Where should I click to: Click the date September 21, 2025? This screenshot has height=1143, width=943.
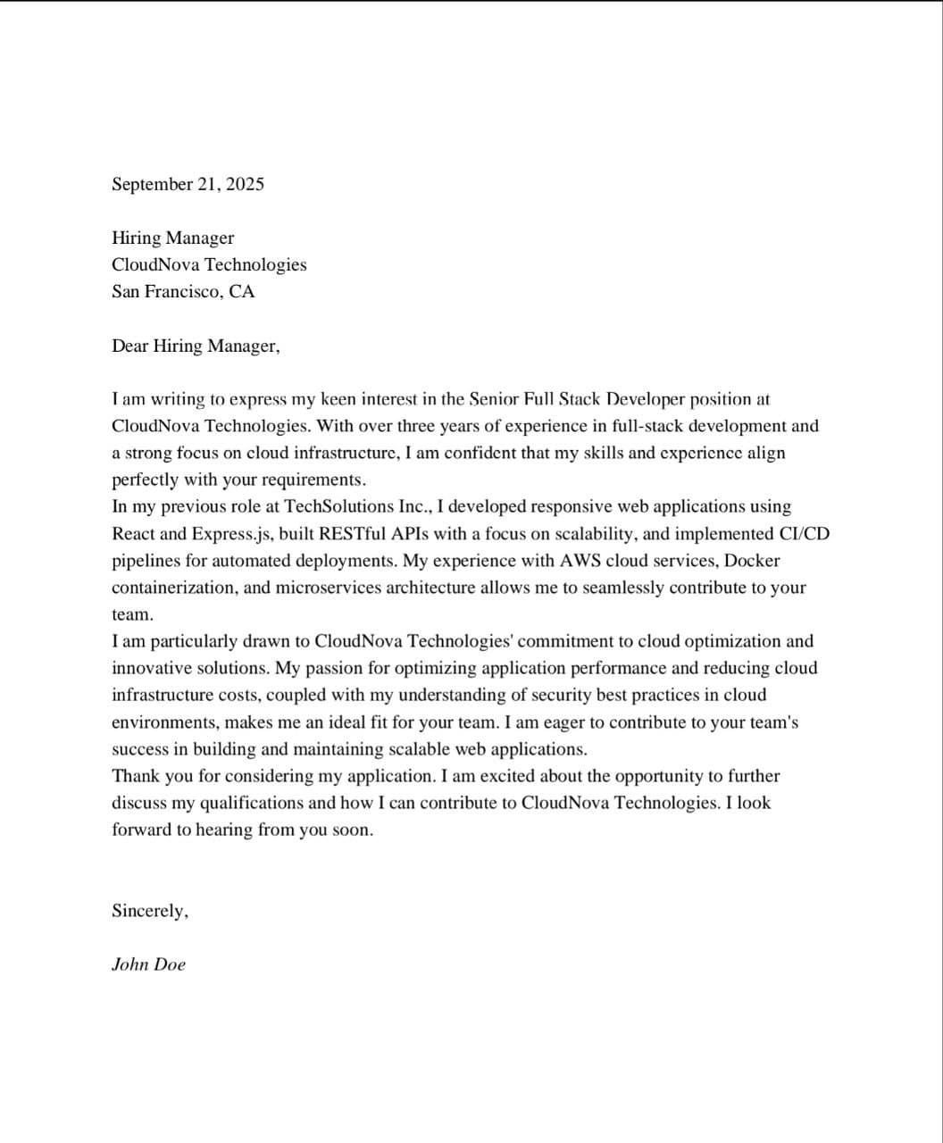[188, 185]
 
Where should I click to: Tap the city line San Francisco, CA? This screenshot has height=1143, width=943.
[183, 292]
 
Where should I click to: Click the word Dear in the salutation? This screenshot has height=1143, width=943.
[129, 346]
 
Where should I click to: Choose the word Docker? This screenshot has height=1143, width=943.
[752, 561]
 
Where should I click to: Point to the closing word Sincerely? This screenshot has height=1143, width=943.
[149, 912]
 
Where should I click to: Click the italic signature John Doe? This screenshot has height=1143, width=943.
[148, 964]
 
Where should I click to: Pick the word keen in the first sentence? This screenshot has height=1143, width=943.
[339, 399]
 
